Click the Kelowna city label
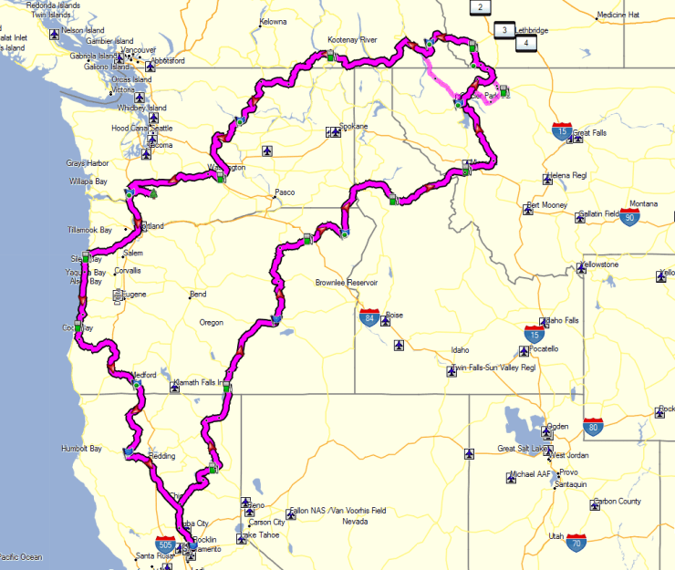[273, 21]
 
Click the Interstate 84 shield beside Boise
[369, 317]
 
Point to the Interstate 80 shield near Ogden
[594, 426]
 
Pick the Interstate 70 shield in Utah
[576, 544]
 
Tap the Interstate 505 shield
[166, 544]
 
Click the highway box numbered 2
[479, 7]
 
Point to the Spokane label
[353, 126]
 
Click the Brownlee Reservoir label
[346, 283]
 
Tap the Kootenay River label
[352, 40]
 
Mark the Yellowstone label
[599, 264]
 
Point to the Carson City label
[266, 523]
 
